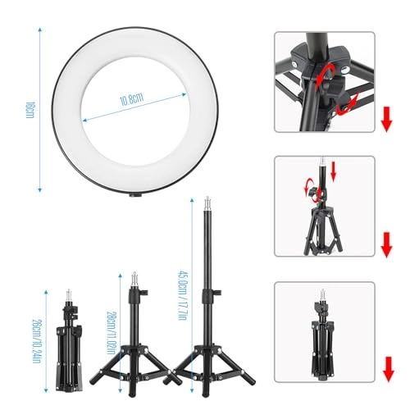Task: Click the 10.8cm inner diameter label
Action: pyautogui.click(x=132, y=100)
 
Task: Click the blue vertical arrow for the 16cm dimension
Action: pyautogui.click(x=39, y=108)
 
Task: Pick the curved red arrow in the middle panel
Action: pyautogui.click(x=312, y=182)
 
